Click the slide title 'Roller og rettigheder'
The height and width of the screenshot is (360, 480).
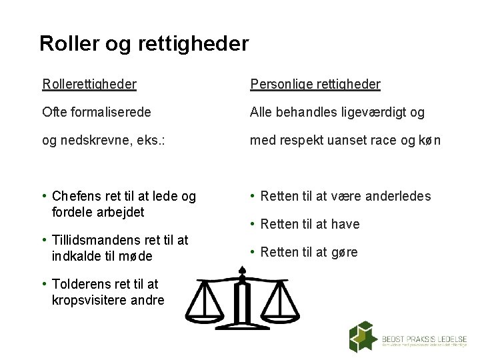[x=144, y=43]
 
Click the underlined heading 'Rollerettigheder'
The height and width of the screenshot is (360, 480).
[x=89, y=84]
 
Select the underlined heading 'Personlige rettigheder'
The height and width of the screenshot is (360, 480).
[x=315, y=84]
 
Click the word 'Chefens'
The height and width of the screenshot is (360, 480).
[x=77, y=197]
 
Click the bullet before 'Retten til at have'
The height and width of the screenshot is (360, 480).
[x=252, y=224]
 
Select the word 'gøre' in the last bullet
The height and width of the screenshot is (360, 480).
[x=345, y=252]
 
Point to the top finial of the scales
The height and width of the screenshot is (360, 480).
[x=243, y=269]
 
